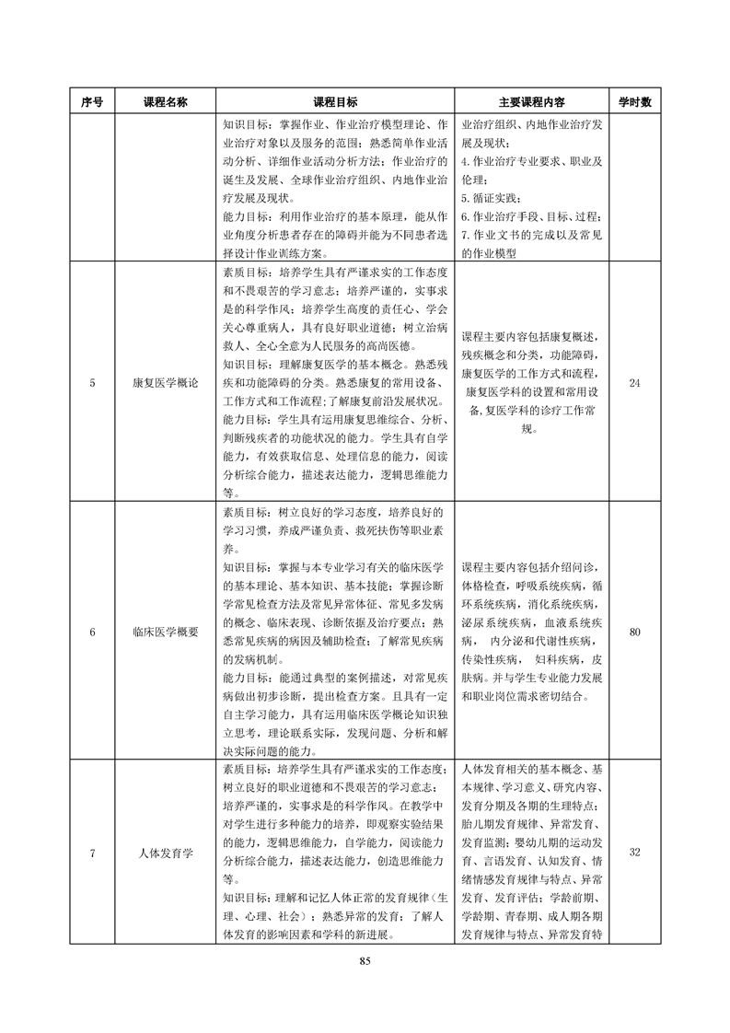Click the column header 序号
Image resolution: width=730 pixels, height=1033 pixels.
(x=92, y=103)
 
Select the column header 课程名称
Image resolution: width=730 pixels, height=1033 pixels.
(x=165, y=103)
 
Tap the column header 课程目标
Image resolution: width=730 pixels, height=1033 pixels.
(x=335, y=103)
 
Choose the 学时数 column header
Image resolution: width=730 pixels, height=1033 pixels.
(x=633, y=103)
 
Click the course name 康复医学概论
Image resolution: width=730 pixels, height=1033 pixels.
(x=165, y=382)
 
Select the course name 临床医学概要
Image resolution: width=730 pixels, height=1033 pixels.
(x=165, y=633)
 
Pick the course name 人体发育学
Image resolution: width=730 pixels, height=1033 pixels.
(x=165, y=853)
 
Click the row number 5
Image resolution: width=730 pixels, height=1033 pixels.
(x=92, y=382)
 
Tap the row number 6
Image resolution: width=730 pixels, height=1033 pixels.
(x=92, y=633)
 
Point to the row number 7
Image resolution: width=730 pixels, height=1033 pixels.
(x=92, y=853)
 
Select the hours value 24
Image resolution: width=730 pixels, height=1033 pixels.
(x=633, y=382)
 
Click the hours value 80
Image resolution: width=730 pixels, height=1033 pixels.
(x=633, y=633)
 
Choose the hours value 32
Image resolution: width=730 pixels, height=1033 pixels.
(x=633, y=853)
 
